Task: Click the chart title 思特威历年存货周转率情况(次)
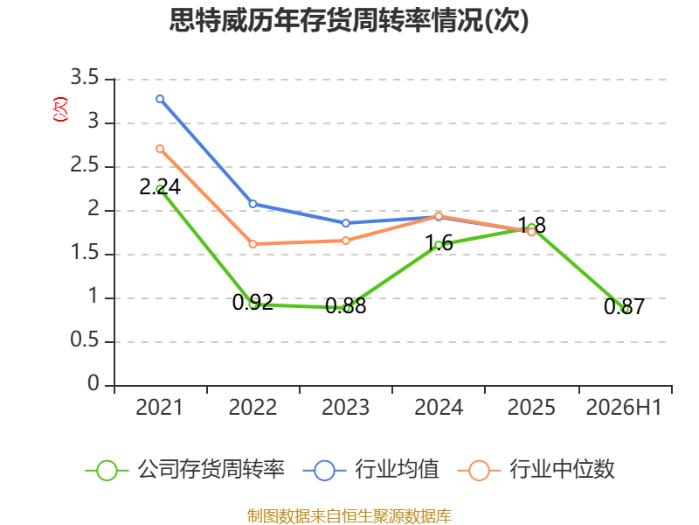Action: [x=349, y=20]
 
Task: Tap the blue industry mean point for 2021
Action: [x=160, y=99]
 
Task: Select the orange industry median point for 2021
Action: [x=160, y=149]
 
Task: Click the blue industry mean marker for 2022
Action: [x=253, y=204]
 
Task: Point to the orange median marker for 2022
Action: [x=253, y=244]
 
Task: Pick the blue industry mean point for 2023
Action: [x=346, y=223]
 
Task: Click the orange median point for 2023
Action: [x=346, y=241]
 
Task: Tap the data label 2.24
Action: [x=160, y=187]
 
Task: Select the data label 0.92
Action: [x=253, y=302]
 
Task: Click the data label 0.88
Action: [x=346, y=305]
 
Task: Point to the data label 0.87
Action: [x=625, y=307]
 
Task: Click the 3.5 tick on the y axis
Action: [x=85, y=78]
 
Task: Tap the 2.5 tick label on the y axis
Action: [x=85, y=165]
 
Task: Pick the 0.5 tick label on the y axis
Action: [x=85, y=340]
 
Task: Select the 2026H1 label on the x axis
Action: [x=624, y=408]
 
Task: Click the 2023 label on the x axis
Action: [x=346, y=408]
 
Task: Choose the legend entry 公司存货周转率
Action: [x=185, y=470]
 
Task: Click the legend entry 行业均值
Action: [x=370, y=470]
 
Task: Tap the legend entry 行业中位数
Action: [x=536, y=470]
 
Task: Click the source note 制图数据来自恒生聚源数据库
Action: [x=349, y=516]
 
